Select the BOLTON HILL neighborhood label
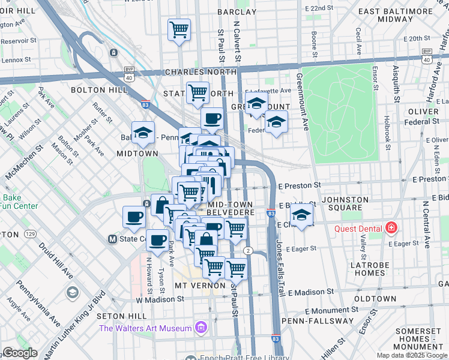click(x=99, y=90)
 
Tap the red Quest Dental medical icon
click(x=391, y=228)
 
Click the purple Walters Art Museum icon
click(x=201, y=328)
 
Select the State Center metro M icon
click(x=112, y=239)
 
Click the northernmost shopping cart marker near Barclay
click(x=179, y=29)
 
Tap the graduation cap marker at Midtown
click(x=143, y=133)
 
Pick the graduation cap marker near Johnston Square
click(x=302, y=214)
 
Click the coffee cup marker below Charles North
click(x=212, y=118)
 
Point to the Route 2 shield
click(x=247, y=250)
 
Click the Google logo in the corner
click(x=20, y=353)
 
